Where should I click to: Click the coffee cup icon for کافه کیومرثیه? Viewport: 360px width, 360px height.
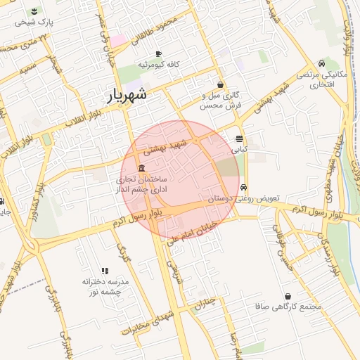(158, 54)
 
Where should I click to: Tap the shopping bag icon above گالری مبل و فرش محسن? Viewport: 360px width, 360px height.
(221, 84)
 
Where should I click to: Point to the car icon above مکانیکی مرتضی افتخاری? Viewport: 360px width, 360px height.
(321, 64)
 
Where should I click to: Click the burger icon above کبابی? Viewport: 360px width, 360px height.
(240, 139)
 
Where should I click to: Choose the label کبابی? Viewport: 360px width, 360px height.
(240, 149)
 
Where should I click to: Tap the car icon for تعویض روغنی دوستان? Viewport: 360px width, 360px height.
(243, 188)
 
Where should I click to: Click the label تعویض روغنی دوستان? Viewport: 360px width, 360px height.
(244, 199)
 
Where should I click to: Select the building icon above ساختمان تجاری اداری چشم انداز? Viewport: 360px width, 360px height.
(142, 169)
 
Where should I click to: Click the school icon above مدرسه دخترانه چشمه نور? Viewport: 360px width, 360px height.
(105, 271)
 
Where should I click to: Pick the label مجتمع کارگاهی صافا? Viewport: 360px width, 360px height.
(290, 307)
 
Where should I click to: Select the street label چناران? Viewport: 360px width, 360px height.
(202, 304)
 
